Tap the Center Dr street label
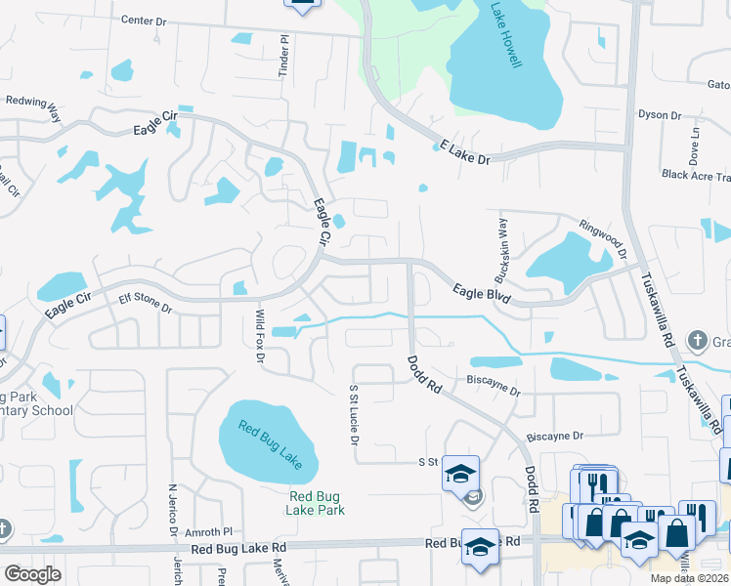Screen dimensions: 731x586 [146, 21]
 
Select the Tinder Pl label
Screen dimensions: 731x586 [283, 57]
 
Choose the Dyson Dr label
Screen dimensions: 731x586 [660, 115]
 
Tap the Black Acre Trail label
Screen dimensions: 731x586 [696, 176]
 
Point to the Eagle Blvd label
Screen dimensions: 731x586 [483, 294]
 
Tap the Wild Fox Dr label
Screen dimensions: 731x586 [260, 337]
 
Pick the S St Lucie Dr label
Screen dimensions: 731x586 [354, 412]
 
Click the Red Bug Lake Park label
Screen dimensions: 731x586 [317, 502]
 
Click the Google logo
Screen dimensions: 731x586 [32, 574]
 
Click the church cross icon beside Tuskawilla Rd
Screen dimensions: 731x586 [697, 341]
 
